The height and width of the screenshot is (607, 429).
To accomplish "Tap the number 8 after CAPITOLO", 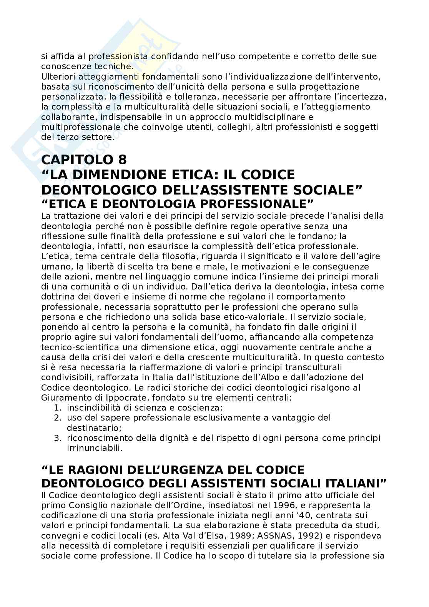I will tap(121, 159).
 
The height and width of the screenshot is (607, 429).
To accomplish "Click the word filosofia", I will tap(173, 256).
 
